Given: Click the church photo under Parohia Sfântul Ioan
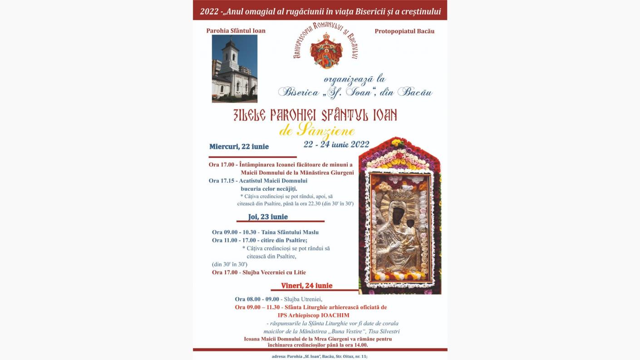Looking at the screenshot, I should pos(234,68).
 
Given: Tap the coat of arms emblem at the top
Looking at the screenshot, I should pos(326,50).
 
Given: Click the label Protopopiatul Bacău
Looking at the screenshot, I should pos(404,31).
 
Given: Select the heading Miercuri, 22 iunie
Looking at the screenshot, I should pos(239,147).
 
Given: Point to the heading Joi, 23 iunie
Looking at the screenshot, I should pos(268,217).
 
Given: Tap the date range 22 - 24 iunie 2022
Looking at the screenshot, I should pos(336,144).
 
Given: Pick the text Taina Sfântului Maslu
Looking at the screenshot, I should pos(290,232).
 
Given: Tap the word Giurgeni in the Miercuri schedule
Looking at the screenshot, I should pos(340,173).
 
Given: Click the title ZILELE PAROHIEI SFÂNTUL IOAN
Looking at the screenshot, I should pos(315,115).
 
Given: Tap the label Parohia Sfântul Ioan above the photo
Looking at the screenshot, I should pos(236,31).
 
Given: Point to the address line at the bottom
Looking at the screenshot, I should pos(320,356).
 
